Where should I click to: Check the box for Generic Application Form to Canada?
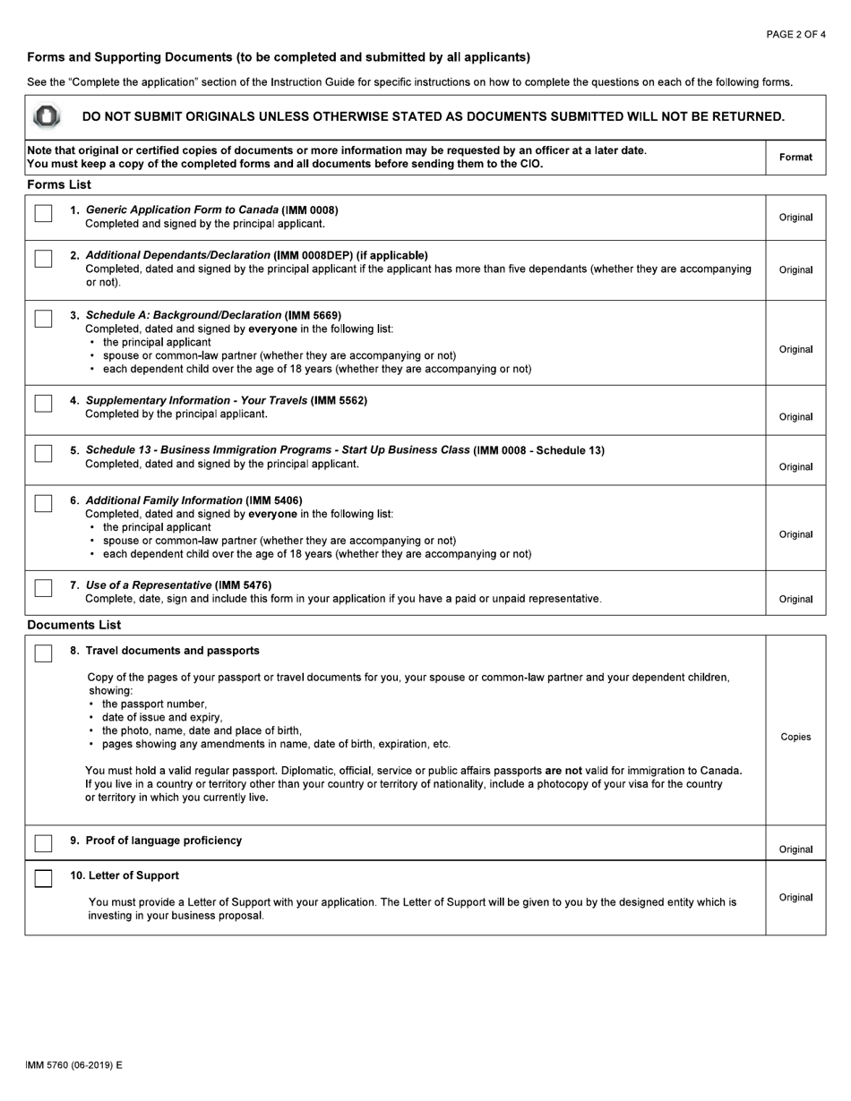pos(43,213)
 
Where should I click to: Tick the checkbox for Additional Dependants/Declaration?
pos(43,259)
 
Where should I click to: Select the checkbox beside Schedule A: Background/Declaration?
pos(43,319)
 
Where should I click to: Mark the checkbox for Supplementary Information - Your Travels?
pos(43,404)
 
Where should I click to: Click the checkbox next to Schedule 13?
pos(43,453)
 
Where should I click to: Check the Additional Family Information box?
pos(43,503)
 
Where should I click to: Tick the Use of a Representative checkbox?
pos(43,588)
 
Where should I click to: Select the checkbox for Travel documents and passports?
pos(43,653)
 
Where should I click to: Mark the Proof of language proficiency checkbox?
pos(43,843)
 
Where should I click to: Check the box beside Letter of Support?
pos(43,878)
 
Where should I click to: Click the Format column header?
pos(795,158)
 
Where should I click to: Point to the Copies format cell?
pos(795,738)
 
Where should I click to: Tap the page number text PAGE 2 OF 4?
pos(795,35)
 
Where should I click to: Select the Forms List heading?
pos(59,185)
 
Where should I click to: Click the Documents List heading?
pos(73,625)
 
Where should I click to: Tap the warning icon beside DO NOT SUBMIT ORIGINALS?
pos(47,116)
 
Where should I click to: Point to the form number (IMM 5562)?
pos(339,400)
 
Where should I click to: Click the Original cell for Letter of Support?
pos(795,898)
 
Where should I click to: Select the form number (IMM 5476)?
pos(243,585)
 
